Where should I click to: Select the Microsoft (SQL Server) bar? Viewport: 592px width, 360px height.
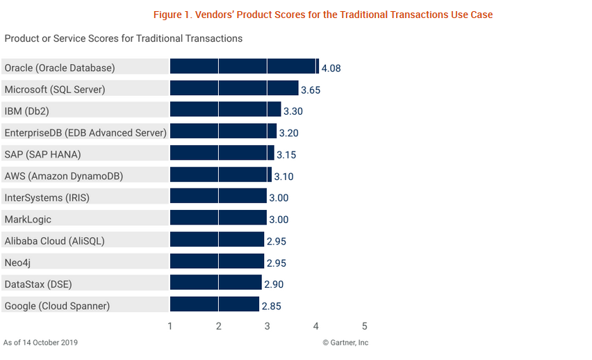234,89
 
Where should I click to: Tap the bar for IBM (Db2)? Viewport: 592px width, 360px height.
226,111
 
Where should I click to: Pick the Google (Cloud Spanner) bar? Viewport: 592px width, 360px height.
215,305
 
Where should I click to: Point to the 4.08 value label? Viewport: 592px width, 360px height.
331,68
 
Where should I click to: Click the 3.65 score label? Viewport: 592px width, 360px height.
311,90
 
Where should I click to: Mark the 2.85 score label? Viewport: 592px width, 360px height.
271,306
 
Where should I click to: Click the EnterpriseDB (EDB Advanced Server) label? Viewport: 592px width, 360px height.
85,132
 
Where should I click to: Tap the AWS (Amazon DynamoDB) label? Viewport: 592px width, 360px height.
64,176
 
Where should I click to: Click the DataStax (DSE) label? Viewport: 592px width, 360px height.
38,284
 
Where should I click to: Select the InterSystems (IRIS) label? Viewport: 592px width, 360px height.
47,197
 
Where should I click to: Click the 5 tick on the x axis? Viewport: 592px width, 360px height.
364,326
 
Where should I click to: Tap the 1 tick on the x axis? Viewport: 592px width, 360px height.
170,326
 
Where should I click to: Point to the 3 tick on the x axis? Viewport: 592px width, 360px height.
268,326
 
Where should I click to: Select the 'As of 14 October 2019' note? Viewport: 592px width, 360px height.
40,343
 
